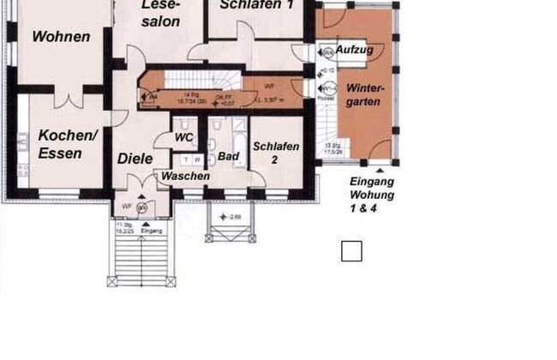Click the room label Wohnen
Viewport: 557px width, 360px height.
[x=61, y=37]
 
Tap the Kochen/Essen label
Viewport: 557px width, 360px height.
[x=68, y=145]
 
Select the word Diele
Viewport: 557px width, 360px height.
[x=135, y=159]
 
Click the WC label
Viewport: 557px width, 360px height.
[x=183, y=137]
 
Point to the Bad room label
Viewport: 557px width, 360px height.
[x=228, y=157]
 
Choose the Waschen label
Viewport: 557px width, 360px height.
[x=186, y=176]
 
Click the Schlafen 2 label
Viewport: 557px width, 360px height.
[x=276, y=153]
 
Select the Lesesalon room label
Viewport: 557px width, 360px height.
[x=160, y=13]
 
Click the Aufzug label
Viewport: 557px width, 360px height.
[x=353, y=51]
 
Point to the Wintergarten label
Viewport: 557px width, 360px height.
[x=364, y=95]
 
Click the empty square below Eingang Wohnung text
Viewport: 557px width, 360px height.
[x=351, y=251]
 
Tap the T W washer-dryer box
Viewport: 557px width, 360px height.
[x=191, y=159]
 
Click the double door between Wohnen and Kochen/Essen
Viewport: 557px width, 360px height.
[x=67, y=99]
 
